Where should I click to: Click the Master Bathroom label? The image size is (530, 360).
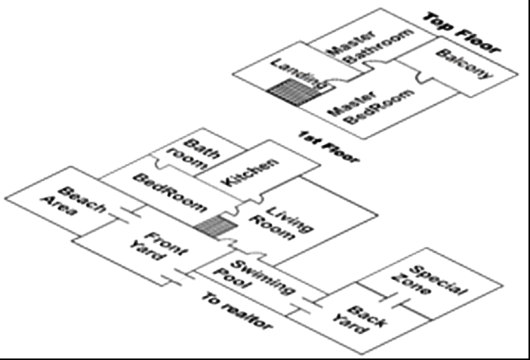pyautogui.click(x=370, y=50)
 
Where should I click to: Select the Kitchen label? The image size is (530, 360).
pyautogui.click(x=250, y=173)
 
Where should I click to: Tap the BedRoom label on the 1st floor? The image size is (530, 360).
pyautogui.click(x=169, y=193)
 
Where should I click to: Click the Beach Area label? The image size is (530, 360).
pyautogui.click(x=79, y=199)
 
